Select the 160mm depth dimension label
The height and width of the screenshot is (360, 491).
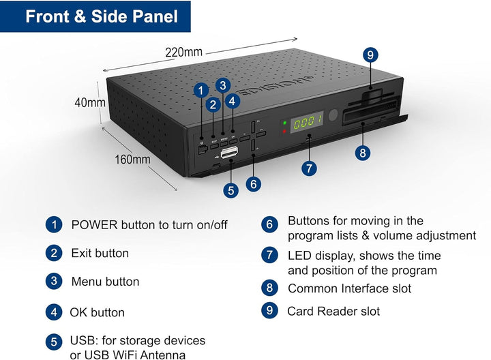tap(132, 160)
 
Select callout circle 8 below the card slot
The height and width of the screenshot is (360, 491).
tap(363, 153)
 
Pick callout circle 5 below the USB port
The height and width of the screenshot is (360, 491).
tap(231, 191)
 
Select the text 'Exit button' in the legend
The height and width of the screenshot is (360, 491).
tap(100, 253)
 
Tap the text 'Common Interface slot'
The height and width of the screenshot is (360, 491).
tap(349, 288)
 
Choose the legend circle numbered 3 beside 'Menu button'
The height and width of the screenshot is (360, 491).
tap(53, 282)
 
